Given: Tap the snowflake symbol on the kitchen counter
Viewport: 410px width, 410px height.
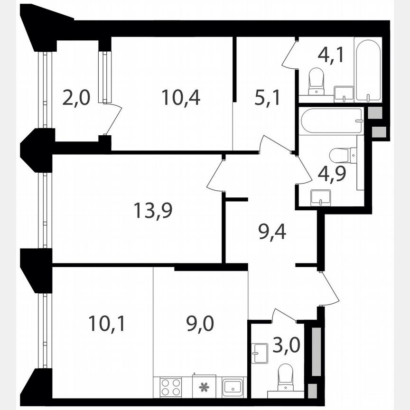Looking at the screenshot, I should (x=205, y=387).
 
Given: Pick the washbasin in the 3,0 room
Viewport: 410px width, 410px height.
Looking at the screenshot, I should (x=261, y=353).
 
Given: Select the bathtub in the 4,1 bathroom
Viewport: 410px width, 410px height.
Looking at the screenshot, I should (x=368, y=71).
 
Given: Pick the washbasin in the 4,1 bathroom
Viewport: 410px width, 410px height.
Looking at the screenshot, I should (x=344, y=93).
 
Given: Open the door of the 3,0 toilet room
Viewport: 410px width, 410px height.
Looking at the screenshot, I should (x=284, y=316).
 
